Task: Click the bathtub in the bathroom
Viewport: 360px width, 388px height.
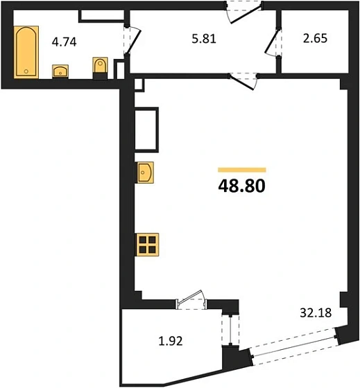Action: [x=26, y=52]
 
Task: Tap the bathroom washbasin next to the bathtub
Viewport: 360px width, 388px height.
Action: [x=60, y=70]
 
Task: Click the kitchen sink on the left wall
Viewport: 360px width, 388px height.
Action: [x=146, y=171]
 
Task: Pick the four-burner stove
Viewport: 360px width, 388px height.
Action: [x=147, y=245]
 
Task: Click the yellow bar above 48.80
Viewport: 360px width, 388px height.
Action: [x=241, y=169]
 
